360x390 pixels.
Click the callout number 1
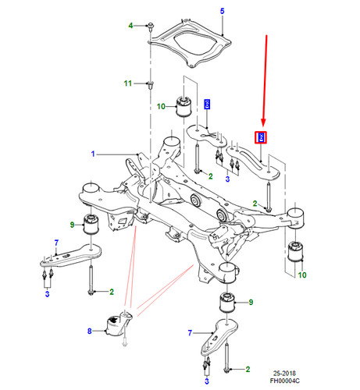coord(93,154)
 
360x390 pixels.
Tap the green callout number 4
coord(131,26)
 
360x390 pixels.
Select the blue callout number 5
coord(221,10)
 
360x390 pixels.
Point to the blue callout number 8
coord(90,331)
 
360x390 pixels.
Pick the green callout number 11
coord(128,83)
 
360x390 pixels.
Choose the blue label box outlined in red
coord(262,138)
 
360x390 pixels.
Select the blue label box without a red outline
coord(207,105)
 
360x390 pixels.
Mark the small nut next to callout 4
coord(148,26)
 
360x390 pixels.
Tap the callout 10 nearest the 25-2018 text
coord(302,275)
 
